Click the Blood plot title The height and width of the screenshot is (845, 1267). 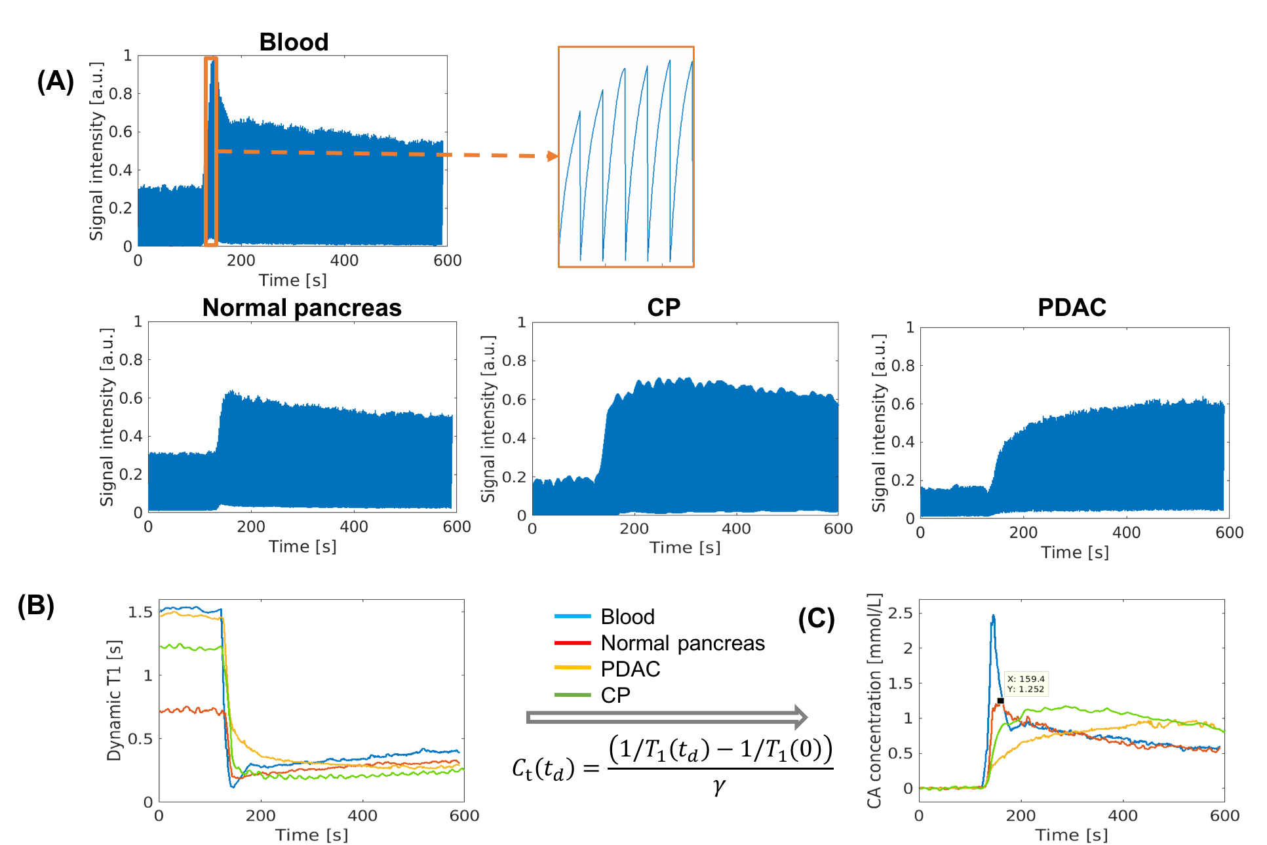[x=294, y=42]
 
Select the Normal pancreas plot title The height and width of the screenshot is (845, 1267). [x=302, y=307]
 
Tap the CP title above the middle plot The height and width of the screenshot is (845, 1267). [x=663, y=307]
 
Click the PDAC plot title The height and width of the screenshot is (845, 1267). [x=1072, y=307]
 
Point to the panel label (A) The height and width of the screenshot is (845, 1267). [x=55, y=82]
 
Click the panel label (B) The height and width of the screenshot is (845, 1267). [x=36, y=606]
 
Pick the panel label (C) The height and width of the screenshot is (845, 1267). [x=816, y=619]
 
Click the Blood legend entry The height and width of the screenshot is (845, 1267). [x=627, y=617]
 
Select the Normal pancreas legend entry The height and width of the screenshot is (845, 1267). [x=682, y=643]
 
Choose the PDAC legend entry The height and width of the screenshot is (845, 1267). [x=630, y=669]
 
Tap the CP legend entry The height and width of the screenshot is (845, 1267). [x=615, y=695]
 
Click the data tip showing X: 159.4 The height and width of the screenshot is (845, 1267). [x=1026, y=684]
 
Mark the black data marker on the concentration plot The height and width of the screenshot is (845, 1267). [x=1000, y=701]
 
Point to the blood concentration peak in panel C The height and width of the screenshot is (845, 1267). [x=994, y=616]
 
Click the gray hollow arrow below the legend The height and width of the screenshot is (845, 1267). [x=667, y=718]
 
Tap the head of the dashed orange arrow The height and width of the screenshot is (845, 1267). [x=553, y=156]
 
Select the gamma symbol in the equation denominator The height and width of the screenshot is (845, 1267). [x=719, y=785]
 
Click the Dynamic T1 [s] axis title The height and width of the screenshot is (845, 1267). [x=114, y=700]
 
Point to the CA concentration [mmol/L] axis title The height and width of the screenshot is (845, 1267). [x=874, y=700]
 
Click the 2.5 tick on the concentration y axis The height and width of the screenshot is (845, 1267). [x=899, y=614]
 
